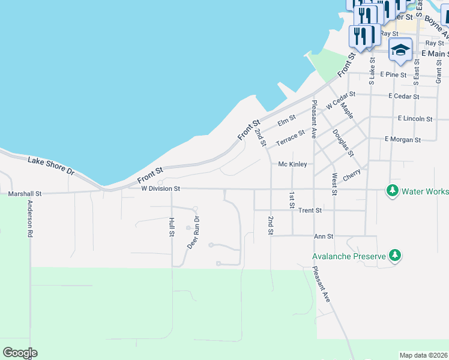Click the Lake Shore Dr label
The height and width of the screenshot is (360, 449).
click(x=51, y=166)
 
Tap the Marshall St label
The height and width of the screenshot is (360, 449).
click(x=25, y=194)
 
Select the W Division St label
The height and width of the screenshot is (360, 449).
click(x=161, y=188)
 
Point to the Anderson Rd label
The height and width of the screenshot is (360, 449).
click(x=29, y=218)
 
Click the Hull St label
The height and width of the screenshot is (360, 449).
click(x=172, y=227)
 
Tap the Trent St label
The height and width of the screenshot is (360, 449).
click(x=310, y=211)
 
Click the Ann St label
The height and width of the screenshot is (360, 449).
click(x=324, y=236)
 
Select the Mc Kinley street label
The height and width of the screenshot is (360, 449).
click(x=293, y=164)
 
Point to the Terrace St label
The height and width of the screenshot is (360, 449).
click(x=291, y=138)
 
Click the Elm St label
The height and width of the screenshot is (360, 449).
click(x=287, y=121)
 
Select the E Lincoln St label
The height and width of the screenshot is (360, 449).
click(x=415, y=119)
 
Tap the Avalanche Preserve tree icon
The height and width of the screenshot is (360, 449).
click(x=394, y=256)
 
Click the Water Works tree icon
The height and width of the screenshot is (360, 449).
click(x=393, y=191)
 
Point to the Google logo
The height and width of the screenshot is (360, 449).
click(x=20, y=353)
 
